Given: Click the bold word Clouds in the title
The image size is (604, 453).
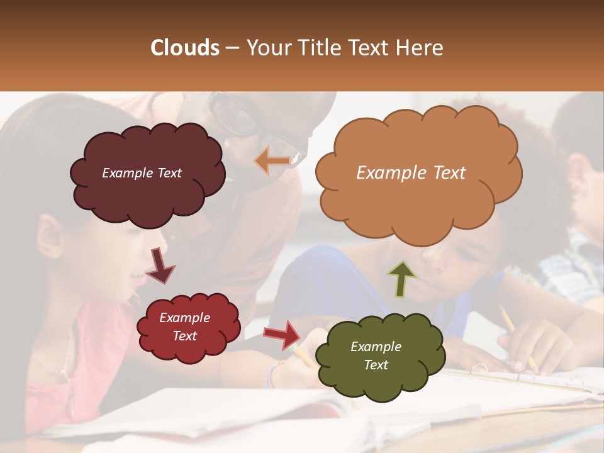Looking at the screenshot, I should click(185, 48).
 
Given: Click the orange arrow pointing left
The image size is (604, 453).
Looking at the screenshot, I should click(272, 160).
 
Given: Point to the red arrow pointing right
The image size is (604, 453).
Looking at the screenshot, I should click(282, 333).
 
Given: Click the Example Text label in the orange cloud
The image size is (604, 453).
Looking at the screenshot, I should click(411, 173).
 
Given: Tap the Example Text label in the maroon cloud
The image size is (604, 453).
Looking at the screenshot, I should click(142, 173).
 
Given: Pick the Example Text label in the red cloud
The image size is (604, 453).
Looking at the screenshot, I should click(184, 327).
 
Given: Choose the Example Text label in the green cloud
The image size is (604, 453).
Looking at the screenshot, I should click(376, 355).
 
